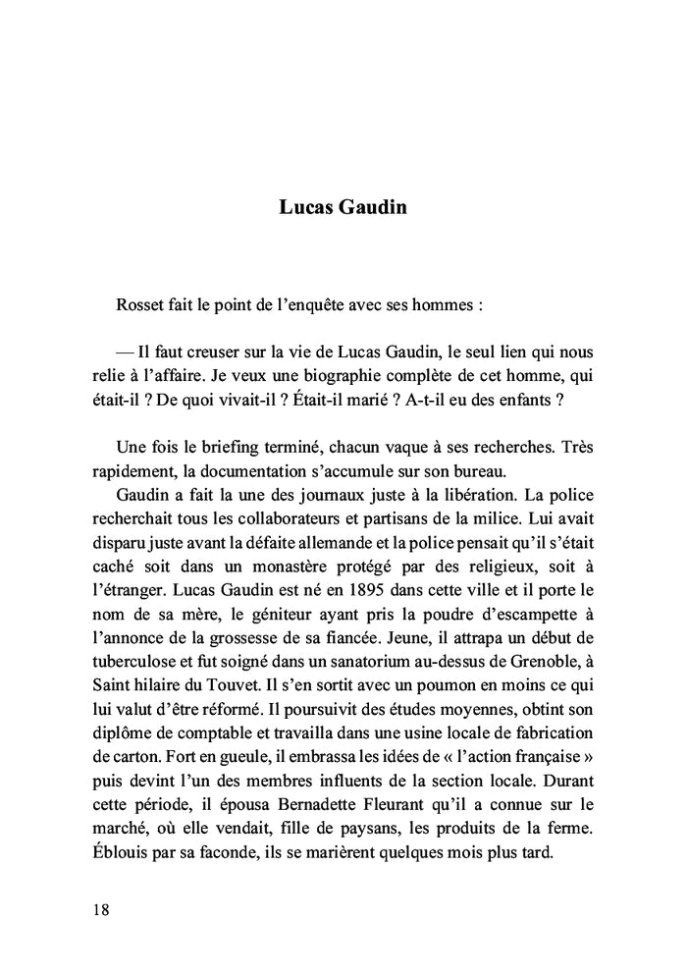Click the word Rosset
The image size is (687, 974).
pyautogui.click(x=140, y=305)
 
